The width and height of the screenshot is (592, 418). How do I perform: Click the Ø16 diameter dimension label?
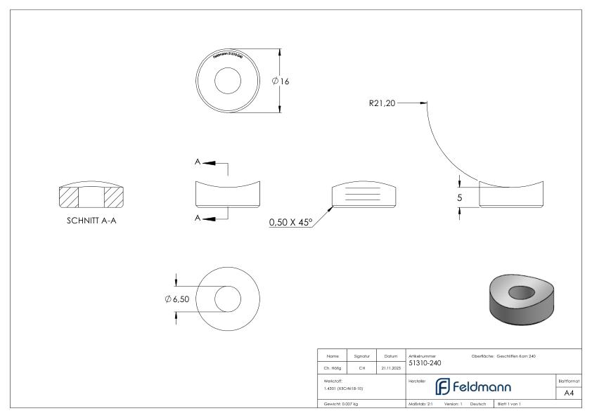(281, 81)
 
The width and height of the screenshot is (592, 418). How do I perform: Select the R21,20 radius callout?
(382, 103)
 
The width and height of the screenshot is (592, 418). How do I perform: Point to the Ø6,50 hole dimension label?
(177, 299)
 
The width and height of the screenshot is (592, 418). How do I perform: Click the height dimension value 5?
(459, 197)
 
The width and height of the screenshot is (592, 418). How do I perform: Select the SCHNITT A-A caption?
(91, 216)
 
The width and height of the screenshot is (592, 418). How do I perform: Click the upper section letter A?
(198, 162)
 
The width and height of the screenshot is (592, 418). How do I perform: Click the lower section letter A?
(198, 218)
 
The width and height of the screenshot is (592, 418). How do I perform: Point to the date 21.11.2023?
(390, 366)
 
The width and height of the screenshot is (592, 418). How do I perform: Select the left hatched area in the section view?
(69, 197)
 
